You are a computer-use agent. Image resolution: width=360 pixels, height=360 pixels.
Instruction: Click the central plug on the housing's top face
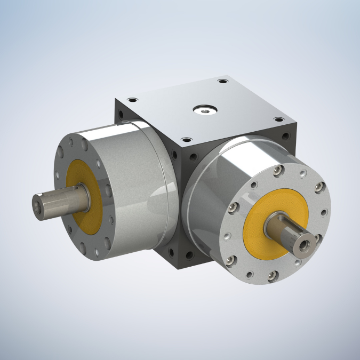point(205,110)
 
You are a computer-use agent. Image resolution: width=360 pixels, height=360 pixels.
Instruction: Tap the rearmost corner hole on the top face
point(222,82)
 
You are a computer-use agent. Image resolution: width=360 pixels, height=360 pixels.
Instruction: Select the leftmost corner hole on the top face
point(132,99)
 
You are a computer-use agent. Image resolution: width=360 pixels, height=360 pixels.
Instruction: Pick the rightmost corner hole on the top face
point(277,120)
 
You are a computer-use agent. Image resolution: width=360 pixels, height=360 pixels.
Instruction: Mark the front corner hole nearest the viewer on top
point(186,140)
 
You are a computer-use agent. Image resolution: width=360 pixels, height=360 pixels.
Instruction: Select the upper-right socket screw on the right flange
point(318,186)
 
